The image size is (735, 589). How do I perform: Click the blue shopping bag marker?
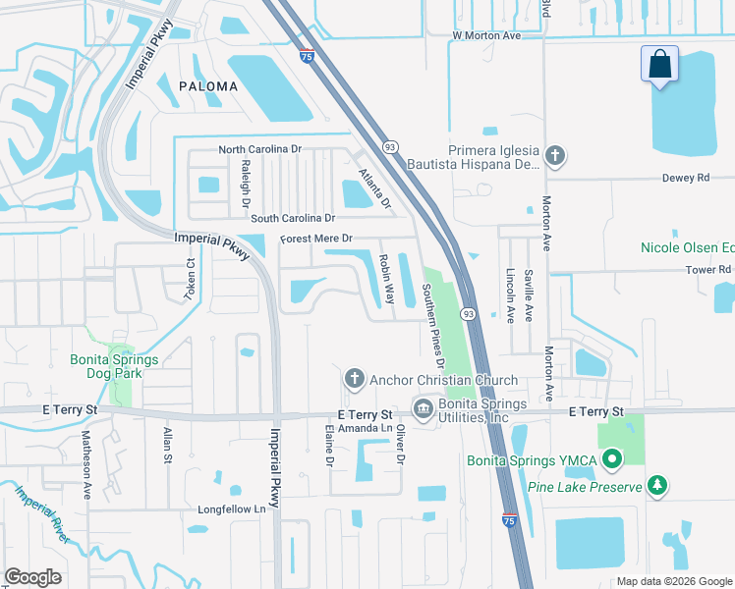pos(660,65)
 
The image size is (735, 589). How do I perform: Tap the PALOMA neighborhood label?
pos(208,86)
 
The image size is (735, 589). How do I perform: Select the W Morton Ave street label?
pos(485,35)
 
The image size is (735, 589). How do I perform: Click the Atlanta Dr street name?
pos(375,190)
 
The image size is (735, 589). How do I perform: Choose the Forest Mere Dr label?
pos(315,239)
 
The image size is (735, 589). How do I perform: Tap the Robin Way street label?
pos(386,280)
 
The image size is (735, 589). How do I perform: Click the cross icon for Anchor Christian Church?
pos(354,379)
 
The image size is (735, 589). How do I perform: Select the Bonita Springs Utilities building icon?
pos(424,408)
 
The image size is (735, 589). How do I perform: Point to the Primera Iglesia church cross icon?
pos(555,155)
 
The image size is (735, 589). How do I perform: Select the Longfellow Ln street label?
pos(232,509)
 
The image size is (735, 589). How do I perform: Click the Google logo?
pos(32,576)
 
